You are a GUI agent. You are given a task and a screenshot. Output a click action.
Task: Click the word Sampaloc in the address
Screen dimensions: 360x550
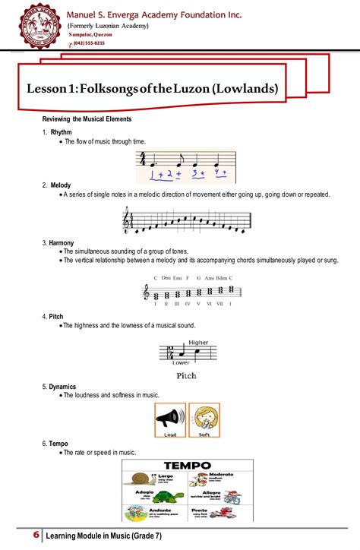tap(81, 35)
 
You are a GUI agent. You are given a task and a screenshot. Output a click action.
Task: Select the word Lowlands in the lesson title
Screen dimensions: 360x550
tap(245, 89)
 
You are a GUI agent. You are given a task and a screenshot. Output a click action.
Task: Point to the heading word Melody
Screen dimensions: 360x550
tap(61, 185)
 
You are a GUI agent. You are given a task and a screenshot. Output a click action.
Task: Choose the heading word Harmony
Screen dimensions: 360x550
tap(62, 242)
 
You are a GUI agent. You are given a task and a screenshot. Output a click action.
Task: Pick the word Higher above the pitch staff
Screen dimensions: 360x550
tap(198, 342)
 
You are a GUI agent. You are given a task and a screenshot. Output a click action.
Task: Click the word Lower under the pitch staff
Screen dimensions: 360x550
tap(181, 363)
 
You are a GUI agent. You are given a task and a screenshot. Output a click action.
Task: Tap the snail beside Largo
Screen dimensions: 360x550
tap(141, 479)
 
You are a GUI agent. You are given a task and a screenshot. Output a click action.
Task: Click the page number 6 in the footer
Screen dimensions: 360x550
tap(36, 536)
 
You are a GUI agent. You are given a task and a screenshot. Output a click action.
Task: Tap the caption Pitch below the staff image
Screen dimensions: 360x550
tap(186, 375)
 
